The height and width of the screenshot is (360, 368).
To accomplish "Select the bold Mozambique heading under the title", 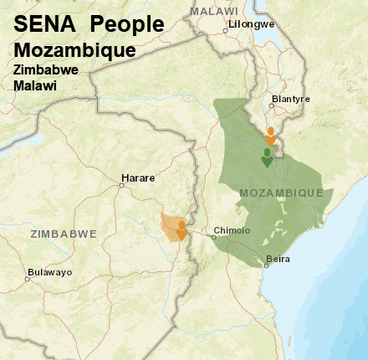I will tap(74, 50).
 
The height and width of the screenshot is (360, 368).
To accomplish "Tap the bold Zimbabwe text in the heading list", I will tap(46, 70).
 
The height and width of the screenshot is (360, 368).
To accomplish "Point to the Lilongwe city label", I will tap(252, 24).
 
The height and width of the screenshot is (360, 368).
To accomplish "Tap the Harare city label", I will tap(138, 177).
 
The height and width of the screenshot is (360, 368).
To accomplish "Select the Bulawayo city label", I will tap(49, 272).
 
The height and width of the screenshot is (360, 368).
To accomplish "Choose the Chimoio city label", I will tap(232, 230).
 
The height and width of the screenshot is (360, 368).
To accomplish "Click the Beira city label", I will tap(278, 259).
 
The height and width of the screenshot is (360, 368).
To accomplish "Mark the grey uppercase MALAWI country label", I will tap(214, 11).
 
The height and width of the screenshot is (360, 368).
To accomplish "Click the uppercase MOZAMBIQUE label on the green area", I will tap(281, 193).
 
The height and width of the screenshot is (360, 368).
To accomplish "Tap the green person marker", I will tap(267, 157).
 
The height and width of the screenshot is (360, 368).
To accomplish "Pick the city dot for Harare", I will tap(122, 185).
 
